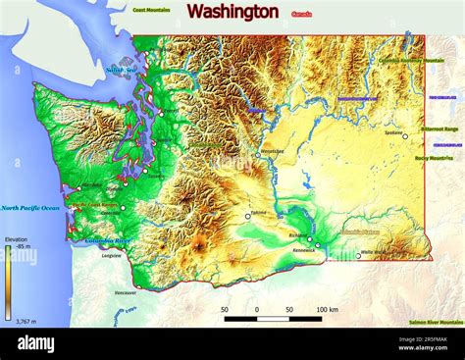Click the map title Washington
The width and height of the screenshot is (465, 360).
click(232, 12)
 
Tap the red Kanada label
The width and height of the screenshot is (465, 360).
click(302, 15)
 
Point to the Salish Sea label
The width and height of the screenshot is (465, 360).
click(122, 71)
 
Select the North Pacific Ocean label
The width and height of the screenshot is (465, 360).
click(30, 208)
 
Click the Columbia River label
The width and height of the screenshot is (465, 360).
click(107, 240)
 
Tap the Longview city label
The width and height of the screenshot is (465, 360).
click(112, 255)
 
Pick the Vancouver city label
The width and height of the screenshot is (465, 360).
click(126, 292)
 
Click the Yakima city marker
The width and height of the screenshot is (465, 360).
click(247, 217)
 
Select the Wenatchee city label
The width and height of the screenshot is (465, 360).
click(273, 151)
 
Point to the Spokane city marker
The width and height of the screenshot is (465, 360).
click(404, 136)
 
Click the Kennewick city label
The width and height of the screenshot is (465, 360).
click(305, 251)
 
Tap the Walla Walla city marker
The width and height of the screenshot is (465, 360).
click(358, 256)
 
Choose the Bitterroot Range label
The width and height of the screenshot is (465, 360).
click(439, 129)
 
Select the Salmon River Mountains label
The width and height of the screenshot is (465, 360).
click(437, 322)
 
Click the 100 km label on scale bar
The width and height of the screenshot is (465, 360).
click(328, 309)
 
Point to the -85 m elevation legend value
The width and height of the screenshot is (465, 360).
click(24, 246)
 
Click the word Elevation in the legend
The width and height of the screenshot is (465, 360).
click(16, 239)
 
